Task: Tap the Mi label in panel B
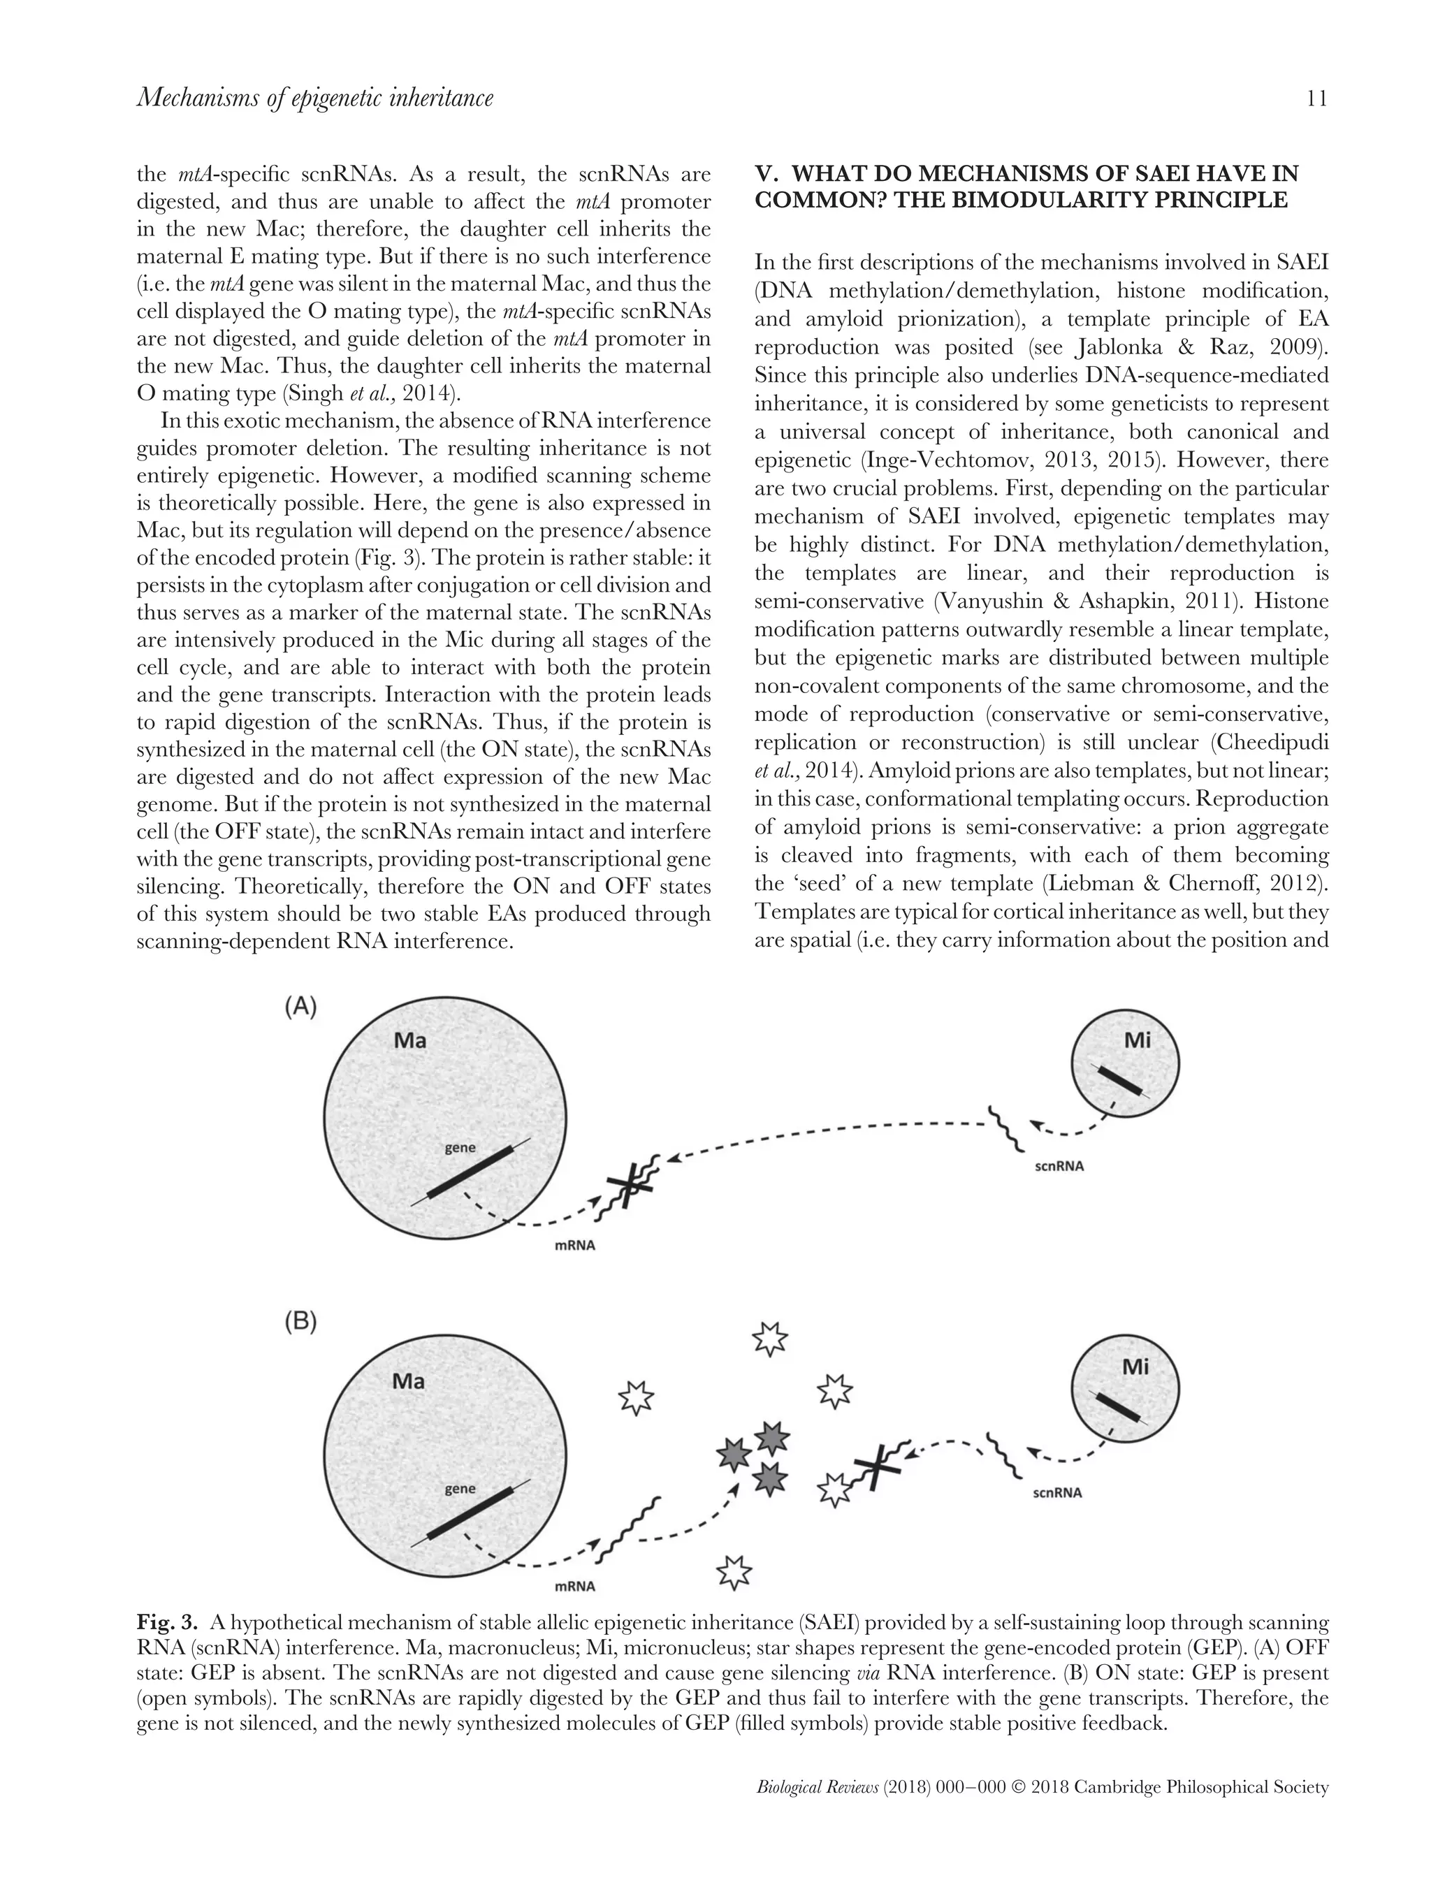click(1135, 1367)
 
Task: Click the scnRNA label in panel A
click(1058, 1167)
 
